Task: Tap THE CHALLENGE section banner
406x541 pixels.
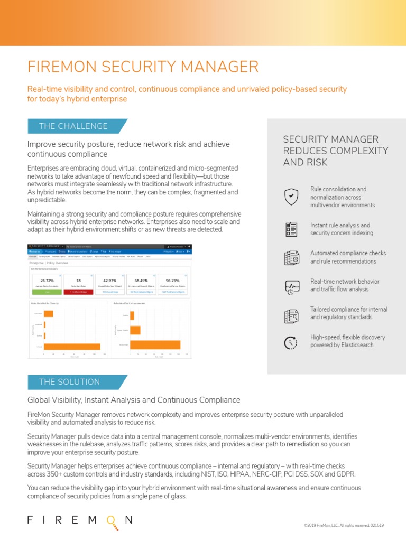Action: point(73,126)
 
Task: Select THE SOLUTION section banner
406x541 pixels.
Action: point(69,382)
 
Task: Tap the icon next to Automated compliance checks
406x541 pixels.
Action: point(291,257)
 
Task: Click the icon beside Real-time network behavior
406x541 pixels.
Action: point(291,286)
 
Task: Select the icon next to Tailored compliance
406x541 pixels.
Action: point(291,314)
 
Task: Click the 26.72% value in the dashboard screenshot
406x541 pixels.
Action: point(47,280)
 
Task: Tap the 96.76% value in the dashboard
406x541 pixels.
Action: point(173,280)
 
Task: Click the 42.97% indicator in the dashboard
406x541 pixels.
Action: point(110,280)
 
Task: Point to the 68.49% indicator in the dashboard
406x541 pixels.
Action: point(141,280)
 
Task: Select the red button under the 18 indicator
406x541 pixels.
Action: point(78,292)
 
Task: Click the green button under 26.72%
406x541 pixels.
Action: point(47,292)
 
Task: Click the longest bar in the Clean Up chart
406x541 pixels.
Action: point(72,347)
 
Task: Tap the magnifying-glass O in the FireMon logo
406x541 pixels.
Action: point(110,521)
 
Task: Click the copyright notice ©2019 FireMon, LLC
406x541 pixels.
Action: point(344,525)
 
